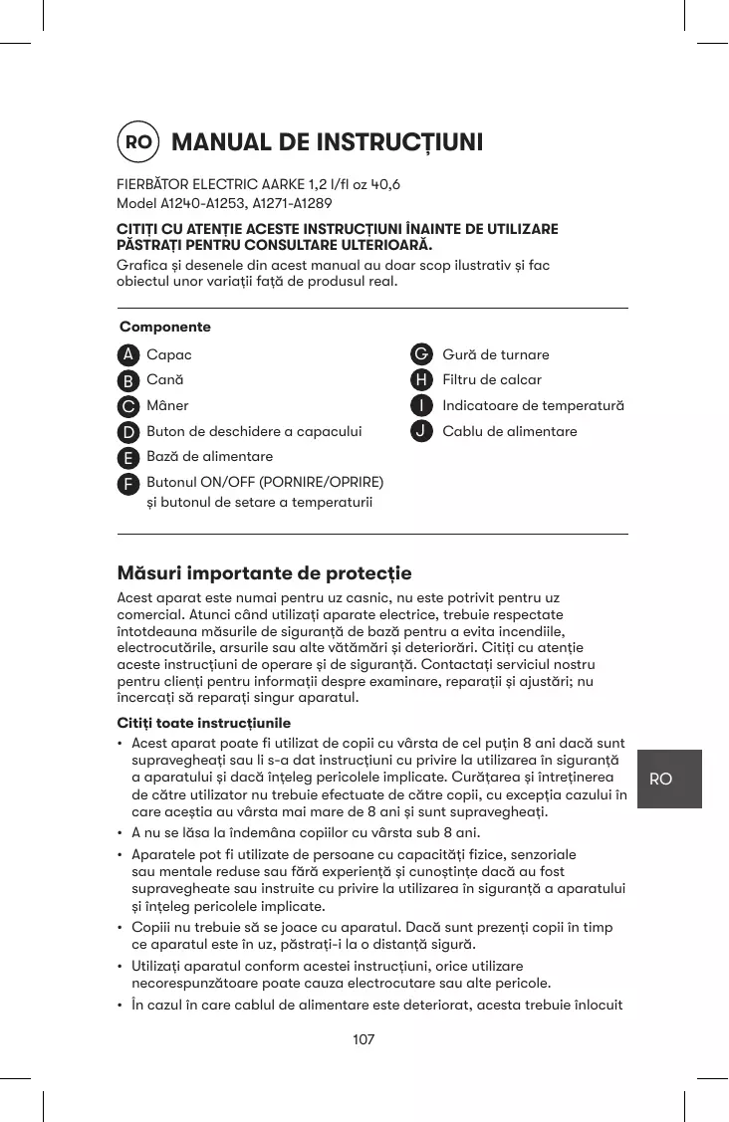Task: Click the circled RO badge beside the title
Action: (138, 142)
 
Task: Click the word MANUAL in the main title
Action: (220, 142)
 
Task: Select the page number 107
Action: (364, 1039)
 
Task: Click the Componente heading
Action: (165, 327)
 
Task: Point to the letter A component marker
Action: (127, 355)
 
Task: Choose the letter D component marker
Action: (127, 432)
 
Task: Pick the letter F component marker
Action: (127, 483)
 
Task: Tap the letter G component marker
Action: (422, 354)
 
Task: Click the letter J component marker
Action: (422, 431)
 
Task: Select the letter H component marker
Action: (422, 379)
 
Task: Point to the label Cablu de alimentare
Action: (509, 431)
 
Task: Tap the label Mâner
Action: (167, 405)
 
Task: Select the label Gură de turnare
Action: (495, 354)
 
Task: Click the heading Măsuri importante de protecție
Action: (264, 573)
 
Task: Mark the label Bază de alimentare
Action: (209, 456)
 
